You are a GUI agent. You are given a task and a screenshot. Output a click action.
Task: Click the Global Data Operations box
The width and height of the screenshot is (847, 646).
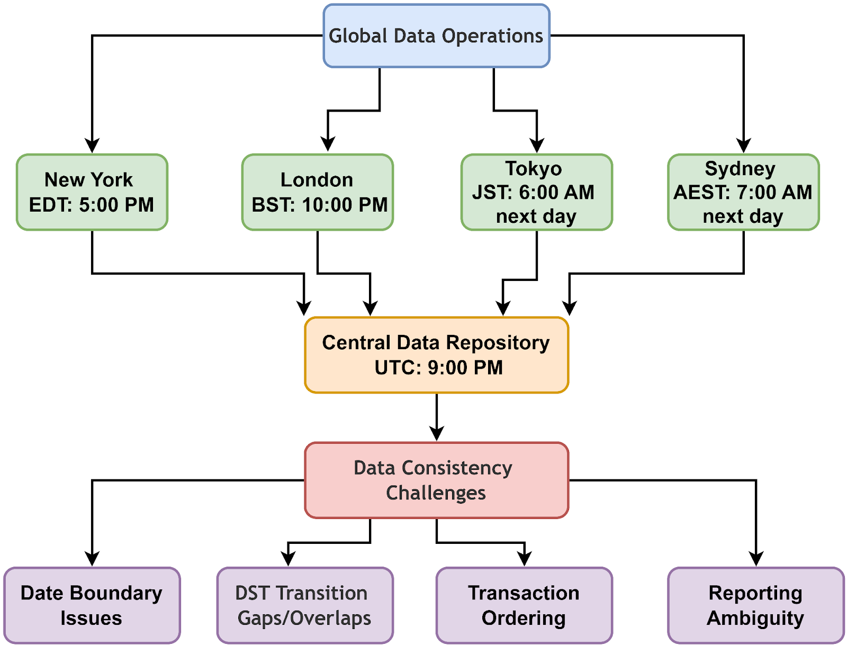436,36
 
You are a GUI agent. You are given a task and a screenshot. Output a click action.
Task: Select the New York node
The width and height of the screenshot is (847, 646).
92,192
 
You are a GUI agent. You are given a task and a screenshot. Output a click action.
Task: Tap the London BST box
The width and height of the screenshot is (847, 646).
318,192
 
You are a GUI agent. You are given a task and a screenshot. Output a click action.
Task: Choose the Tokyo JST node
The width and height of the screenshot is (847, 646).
536,192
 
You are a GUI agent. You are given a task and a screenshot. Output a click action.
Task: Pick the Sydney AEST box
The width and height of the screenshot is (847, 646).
743,192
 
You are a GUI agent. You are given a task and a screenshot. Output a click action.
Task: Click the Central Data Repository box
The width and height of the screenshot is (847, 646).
436,355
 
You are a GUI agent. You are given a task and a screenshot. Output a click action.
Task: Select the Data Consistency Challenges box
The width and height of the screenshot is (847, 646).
436,480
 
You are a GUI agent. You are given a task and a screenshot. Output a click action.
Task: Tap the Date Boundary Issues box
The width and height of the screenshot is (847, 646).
92,605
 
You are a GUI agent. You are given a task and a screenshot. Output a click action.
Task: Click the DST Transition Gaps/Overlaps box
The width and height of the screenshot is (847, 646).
305,605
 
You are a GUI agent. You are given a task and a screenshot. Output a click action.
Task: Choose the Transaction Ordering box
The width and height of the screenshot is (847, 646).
524,605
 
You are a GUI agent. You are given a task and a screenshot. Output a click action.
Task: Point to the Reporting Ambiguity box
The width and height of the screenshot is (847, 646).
755,605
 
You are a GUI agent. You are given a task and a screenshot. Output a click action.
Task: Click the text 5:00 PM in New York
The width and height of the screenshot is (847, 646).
116,205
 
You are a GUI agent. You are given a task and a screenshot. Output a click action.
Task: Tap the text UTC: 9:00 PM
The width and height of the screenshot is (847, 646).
438,368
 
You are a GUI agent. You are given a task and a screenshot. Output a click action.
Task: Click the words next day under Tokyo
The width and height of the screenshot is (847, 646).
536,216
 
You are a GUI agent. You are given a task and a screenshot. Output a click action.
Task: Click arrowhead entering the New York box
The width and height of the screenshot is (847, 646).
92,146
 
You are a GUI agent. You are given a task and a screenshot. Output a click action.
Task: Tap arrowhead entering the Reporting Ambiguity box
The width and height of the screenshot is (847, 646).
756,559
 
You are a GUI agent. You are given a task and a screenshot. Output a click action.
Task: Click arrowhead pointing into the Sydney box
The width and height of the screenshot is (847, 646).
744,146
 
